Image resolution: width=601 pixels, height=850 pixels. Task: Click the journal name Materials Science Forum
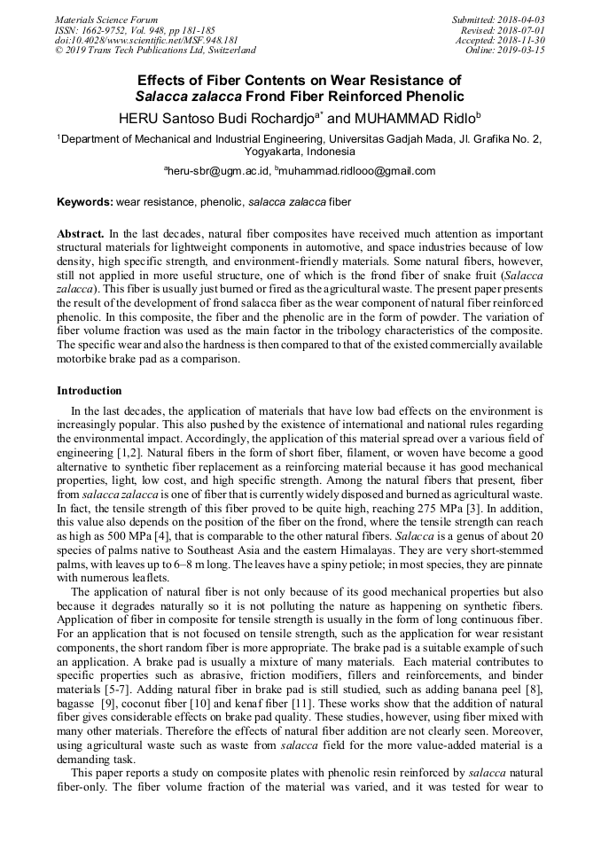tap(106, 19)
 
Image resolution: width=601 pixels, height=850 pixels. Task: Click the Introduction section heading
tap(90, 390)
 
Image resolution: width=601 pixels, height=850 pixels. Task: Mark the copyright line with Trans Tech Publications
tap(155, 51)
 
